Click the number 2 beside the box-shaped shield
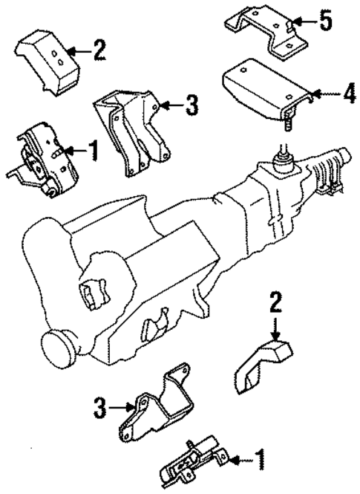(x=99, y=51)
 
